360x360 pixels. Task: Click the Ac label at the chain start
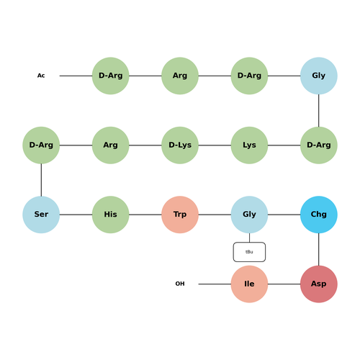click(x=41, y=76)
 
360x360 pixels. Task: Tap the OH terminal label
click(x=180, y=284)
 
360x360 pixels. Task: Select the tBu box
click(x=249, y=252)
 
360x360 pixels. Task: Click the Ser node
click(x=41, y=215)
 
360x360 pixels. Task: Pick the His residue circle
click(x=111, y=215)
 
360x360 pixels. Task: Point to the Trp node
click(x=180, y=215)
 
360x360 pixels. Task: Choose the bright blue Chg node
click(x=319, y=215)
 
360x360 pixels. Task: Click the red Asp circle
click(x=319, y=284)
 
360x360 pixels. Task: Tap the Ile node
click(x=249, y=284)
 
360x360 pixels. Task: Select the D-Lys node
click(x=180, y=145)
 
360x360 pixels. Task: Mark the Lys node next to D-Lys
click(x=249, y=145)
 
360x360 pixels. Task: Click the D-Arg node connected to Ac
click(x=111, y=76)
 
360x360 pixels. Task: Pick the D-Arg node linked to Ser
click(x=41, y=145)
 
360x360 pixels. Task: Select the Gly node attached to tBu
click(x=249, y=215)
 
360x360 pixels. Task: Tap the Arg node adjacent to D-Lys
click(x=111, y=145)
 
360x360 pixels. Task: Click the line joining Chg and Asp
click(x=319, y=249)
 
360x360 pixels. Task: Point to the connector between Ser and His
click(x=76, y=215)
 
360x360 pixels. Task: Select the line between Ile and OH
click(x=215, y=284)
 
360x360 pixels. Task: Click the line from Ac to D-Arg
click(x=76, y=76)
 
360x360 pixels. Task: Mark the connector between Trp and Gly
click(x=215, y=215)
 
